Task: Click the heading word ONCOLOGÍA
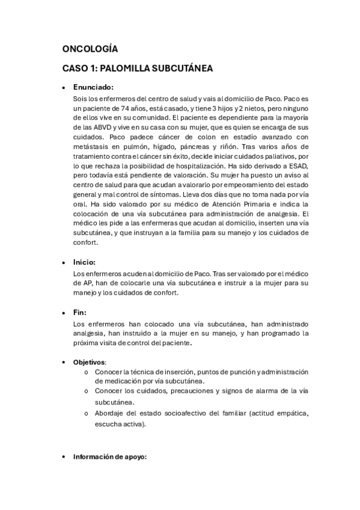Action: (x=90, y=49)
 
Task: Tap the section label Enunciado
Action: (x=93, y=87)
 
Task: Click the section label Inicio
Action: (x=84, y=262)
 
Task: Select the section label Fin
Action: (x=79, y=312)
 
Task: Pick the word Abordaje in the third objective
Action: (x=111, y=413)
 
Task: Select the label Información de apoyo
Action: (x=109, y=456)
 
